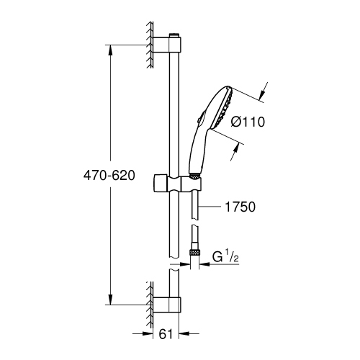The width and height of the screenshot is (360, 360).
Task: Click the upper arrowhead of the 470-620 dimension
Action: [110, 50]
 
